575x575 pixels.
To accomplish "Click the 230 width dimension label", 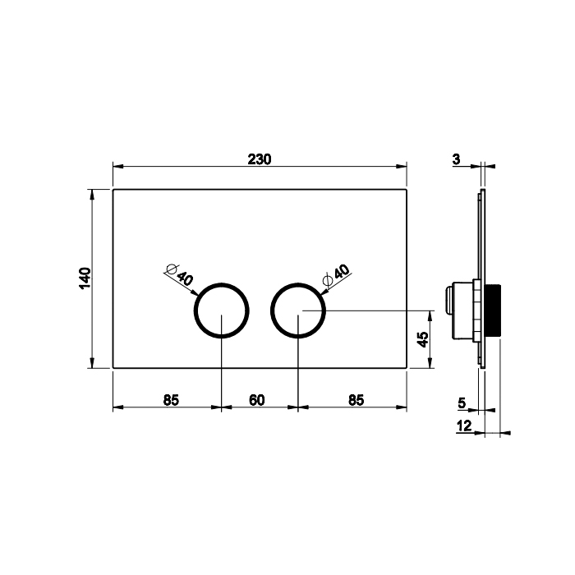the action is [260, 159].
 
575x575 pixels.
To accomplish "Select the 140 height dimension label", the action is [85, 278].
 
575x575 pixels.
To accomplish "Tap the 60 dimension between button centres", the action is [256, 400].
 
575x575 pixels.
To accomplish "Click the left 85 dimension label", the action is [171, 400].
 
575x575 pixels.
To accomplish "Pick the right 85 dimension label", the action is [356, 400].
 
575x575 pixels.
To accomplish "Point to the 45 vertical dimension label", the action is [423, 339].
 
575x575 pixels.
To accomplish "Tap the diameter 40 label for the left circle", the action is [179, 274].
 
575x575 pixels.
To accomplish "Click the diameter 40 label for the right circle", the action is [337, 275].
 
